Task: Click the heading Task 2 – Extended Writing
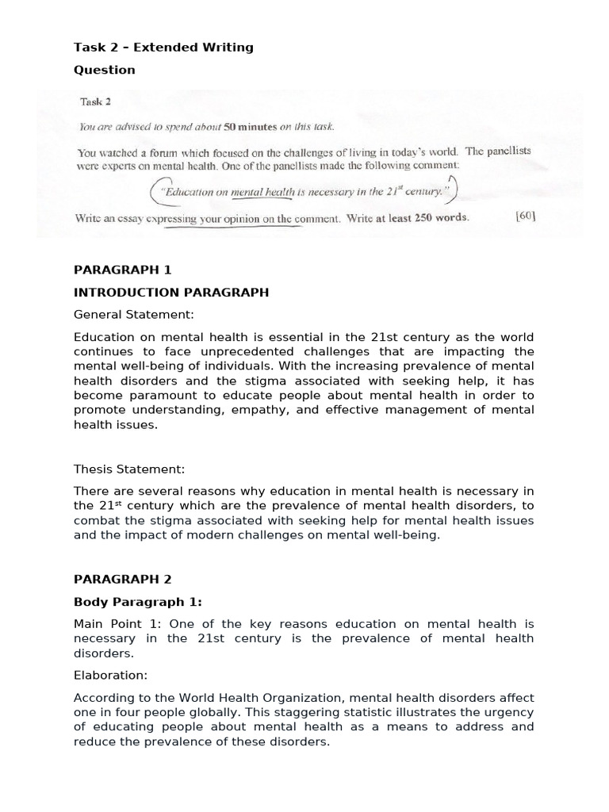point(163,48)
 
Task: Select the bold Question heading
point(105,70)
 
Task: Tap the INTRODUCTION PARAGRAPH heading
point(171,292)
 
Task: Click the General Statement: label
point(133,315)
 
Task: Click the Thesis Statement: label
point(129,469)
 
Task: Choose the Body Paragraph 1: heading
point(140,602)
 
